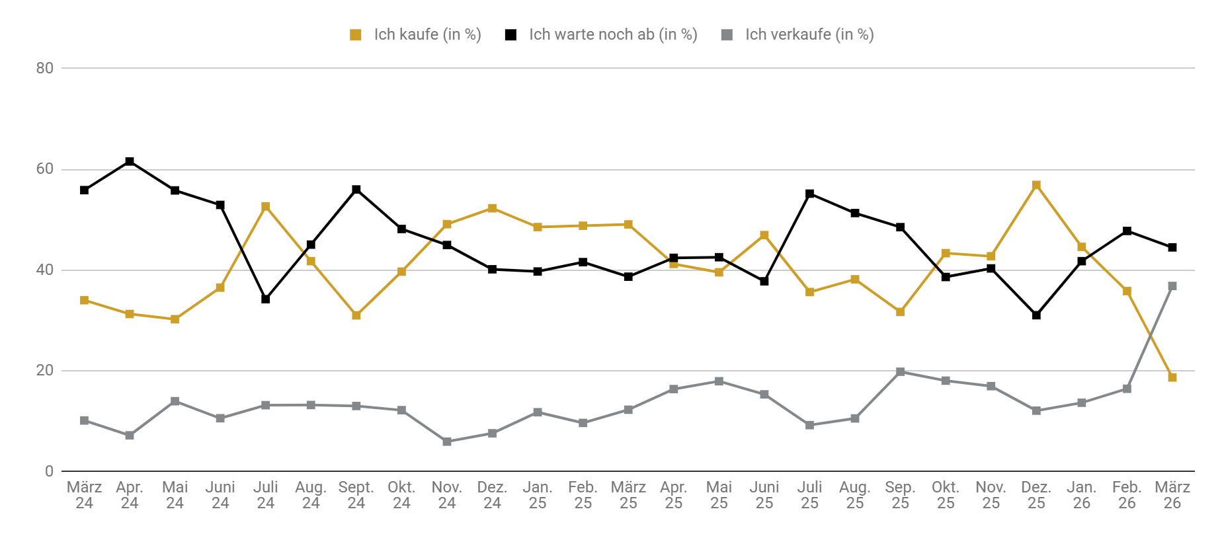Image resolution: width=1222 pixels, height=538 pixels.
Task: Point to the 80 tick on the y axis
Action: pos(45,68)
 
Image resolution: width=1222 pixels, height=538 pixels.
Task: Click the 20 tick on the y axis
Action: pos(45,371)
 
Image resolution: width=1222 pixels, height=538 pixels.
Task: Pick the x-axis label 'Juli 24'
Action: pos(265,495)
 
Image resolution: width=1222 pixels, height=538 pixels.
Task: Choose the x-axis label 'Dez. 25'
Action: pos(1036,495)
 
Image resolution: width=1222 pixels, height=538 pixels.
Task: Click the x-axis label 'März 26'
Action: pos(1172,495)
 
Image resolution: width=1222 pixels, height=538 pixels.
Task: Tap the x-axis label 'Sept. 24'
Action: pos(356,495)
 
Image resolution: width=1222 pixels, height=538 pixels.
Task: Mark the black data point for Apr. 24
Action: pos(130,161)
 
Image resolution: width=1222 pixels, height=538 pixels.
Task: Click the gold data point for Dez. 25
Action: pos(1036,185)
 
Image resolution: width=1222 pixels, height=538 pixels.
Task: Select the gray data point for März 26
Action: pos(1172,286)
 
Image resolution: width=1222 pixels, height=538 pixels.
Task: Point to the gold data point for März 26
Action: pos(1172,377)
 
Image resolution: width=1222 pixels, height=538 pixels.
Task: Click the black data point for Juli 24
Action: pos(266,299)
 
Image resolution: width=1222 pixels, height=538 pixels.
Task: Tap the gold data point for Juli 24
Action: pos(266,207)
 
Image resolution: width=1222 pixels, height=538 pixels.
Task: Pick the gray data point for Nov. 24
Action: pos(447,442)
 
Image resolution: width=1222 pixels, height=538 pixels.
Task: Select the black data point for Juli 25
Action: pos(810,194)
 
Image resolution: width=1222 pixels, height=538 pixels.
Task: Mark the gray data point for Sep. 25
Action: pos(901,372)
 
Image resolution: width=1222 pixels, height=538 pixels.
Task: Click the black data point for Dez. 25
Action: pos(1036,315)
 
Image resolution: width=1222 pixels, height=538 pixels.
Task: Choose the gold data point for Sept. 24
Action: pos(356,315)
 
